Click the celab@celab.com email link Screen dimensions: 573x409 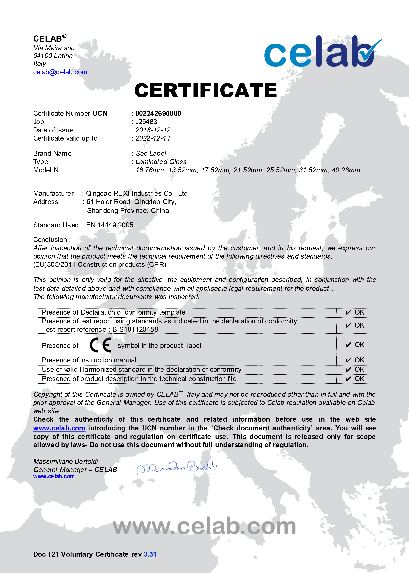60,72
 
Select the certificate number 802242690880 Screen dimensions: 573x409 158,113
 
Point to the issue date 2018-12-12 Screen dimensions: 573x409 153,130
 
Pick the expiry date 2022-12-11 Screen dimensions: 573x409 153,138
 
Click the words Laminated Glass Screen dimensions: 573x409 161,162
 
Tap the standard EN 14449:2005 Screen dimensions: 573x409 110,225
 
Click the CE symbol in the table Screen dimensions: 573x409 100,345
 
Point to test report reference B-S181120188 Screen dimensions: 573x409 135,329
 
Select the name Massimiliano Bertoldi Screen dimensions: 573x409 66,461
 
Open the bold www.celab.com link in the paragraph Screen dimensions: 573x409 59,428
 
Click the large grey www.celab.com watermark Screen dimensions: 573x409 204,526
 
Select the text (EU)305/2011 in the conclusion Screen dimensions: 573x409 54,264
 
